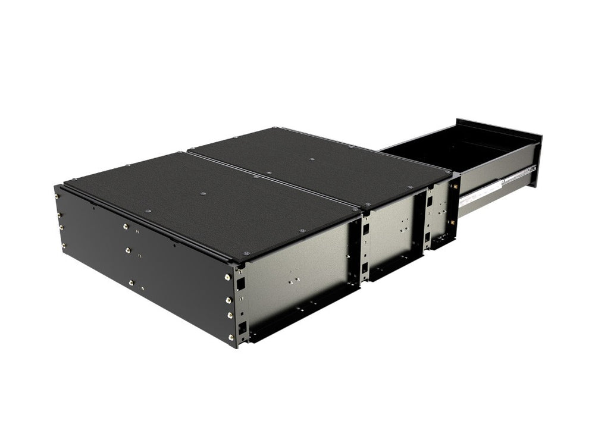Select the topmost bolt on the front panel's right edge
pyautogui.click(x=228, y=277)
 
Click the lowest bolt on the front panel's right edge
pyautogui.click(x=231, y=338)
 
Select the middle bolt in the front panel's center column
pyautogui.click(x=129, y=251)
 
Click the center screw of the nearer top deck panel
pyautogui.click(x=203, y=193)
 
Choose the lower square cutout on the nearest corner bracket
pyautogui.click(x=242, y=326)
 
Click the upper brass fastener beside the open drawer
pyautogui.click(x=455, y=185)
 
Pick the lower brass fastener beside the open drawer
pyautogui.click(x=453, y=221)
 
